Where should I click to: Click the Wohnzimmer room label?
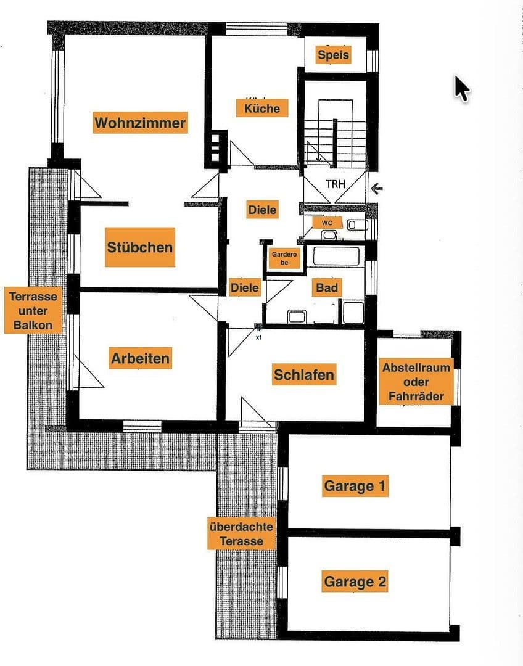139,123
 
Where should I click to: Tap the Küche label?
261,109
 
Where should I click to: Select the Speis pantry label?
333,55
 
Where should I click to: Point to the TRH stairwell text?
336,184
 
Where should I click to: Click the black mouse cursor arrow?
461,88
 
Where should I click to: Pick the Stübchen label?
139,247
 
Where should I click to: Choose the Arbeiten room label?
140,358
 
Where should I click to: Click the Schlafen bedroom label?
304,374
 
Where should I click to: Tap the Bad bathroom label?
326,287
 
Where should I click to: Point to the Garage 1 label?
355,486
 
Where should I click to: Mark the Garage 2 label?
355,582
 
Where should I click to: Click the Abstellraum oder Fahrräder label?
416,382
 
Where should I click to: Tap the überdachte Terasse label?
241,534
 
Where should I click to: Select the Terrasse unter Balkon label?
33,310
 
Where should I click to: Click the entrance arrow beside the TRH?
377,188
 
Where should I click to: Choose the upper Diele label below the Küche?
262,210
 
